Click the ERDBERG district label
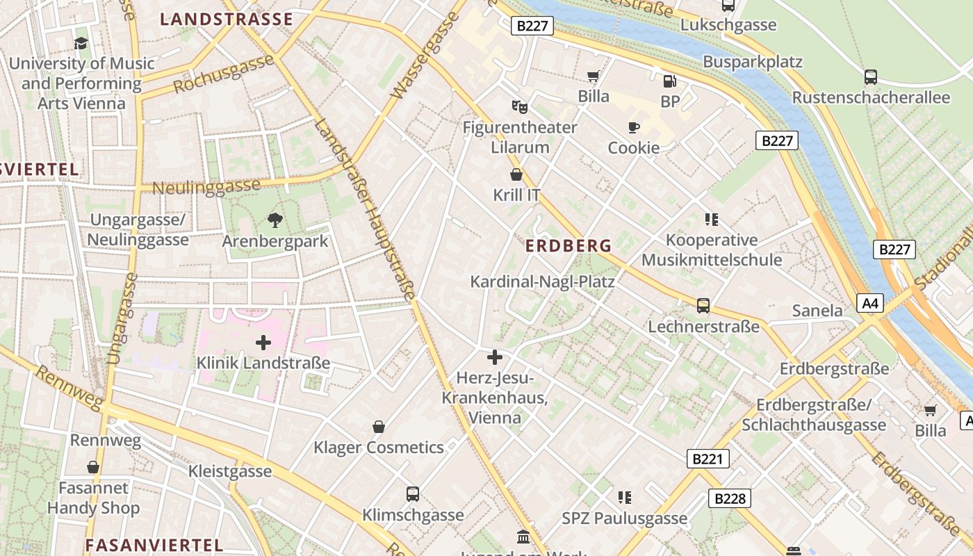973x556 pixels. coord(568,245)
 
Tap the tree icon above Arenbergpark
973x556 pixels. coord(275,220)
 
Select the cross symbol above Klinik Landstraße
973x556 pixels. coord(263,342)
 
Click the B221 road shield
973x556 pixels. coord(709,459)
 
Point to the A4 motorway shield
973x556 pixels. coord(870,303)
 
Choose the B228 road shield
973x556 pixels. coord(730,498)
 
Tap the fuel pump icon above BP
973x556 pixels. coord(669,81)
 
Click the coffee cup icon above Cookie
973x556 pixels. coord(633,127)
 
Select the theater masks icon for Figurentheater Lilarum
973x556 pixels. coord(519,106)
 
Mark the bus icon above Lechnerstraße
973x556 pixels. coord(703,306)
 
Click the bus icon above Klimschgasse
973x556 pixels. coord(413,494)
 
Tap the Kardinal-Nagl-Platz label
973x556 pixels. coord(542,281)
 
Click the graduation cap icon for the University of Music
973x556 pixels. coord(81,43)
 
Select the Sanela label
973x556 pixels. coord(817,310)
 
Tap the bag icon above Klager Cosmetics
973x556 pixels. coord(379,426)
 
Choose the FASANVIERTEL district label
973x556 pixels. coord(154,545)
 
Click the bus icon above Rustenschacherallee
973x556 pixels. coord(870,76)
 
